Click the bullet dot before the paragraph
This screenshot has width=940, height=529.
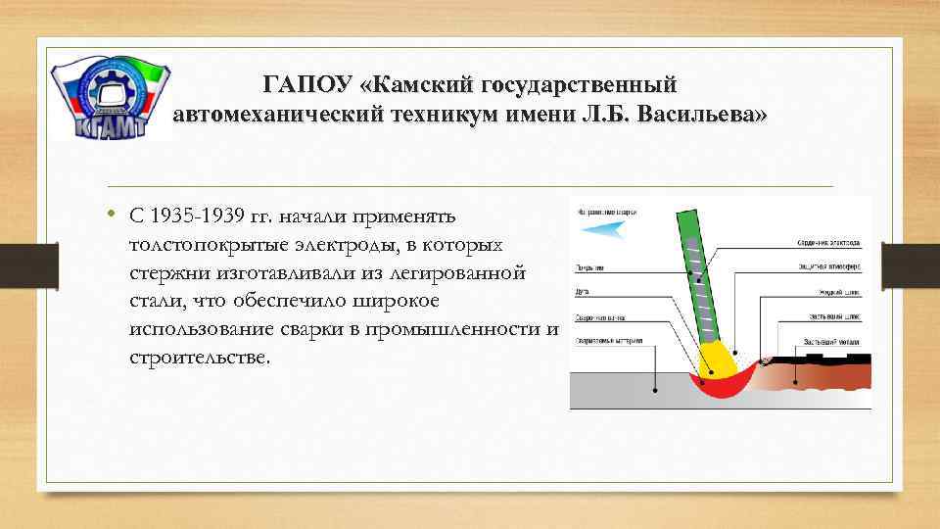pyautogui.click(x=113, y=214)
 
